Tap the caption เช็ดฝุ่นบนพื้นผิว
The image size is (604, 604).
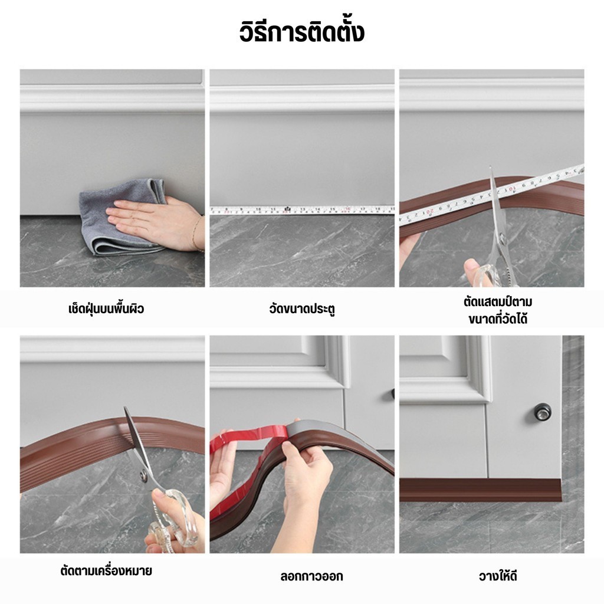(106, 308)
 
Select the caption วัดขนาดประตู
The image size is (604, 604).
(302, 309)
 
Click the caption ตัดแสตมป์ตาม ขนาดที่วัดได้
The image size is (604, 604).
(498, 310)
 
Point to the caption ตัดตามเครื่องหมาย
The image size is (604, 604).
(106, 570)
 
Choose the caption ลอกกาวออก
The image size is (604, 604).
(311, 576)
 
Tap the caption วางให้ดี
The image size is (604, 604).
(498, 576)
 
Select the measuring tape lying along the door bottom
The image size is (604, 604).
(302, 210)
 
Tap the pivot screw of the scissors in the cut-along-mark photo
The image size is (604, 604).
(144, 477)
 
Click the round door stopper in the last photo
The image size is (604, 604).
(542, 411)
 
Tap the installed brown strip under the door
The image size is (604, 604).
(480, 490)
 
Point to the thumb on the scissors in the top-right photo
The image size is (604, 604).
(471, 266)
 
